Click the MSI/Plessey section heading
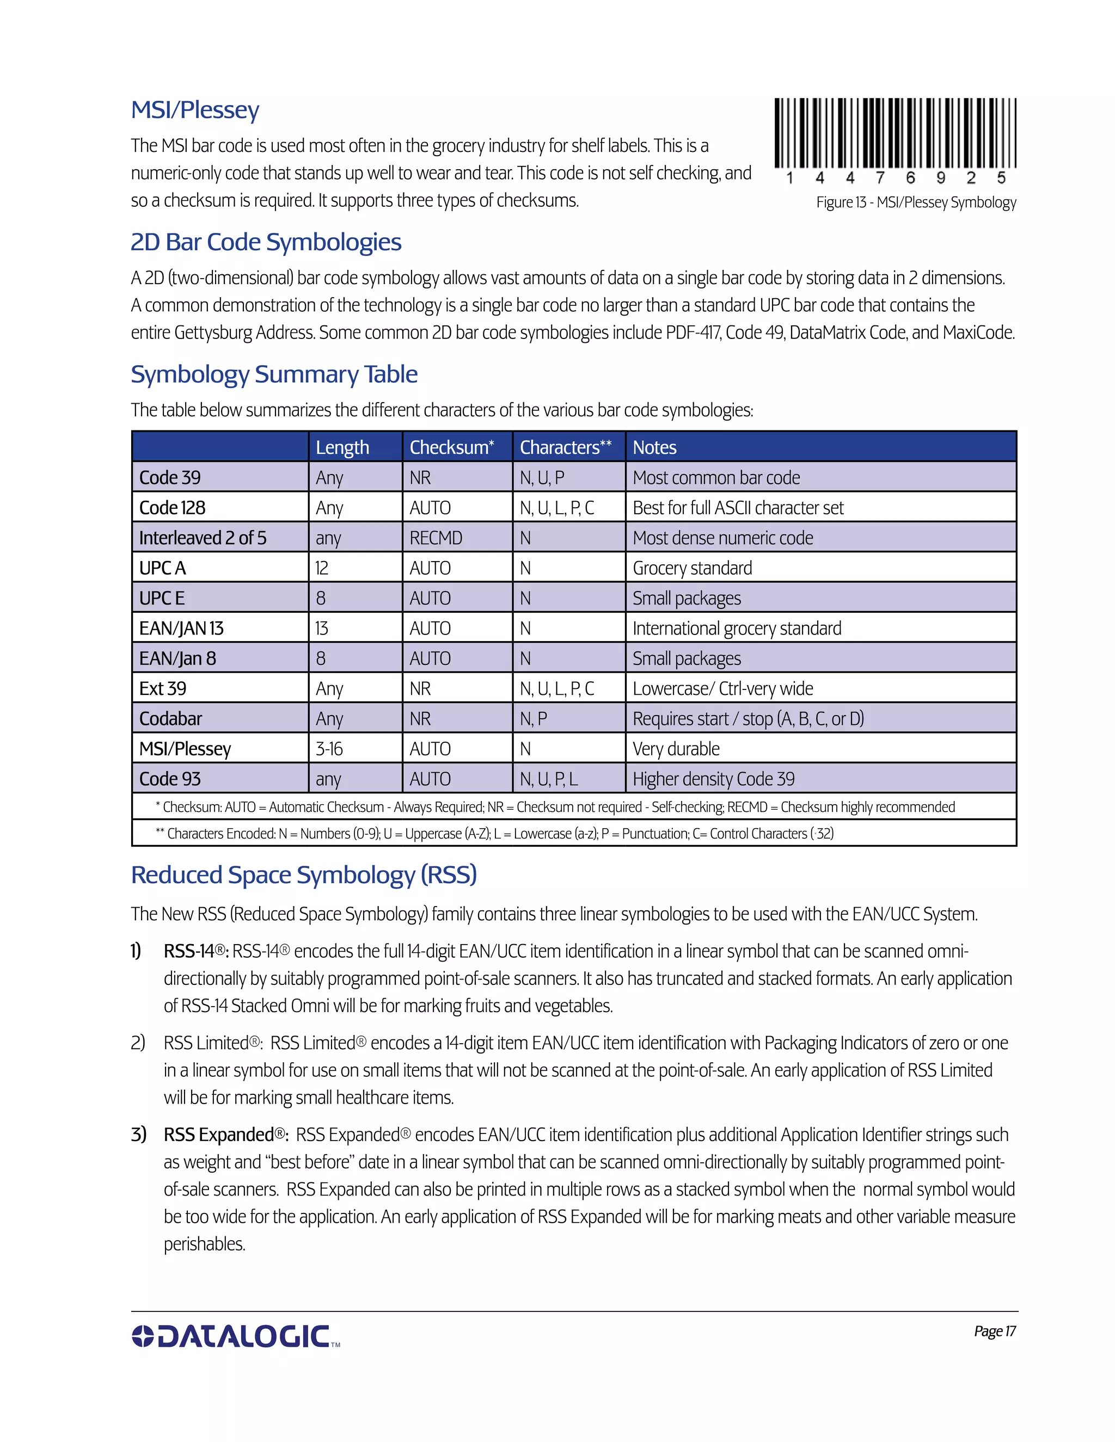coord(195,110)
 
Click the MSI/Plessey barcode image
coord(895,133)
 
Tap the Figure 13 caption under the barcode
coord(916,203)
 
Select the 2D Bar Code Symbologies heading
coord(266,242)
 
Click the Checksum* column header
coord(451,447)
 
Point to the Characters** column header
coord(566,447)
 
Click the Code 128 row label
coord(173,508)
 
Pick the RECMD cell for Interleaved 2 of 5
coord(436,538)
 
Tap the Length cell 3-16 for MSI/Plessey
coord(329,749)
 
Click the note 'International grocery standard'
coord(737,628)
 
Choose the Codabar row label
coord(170,718)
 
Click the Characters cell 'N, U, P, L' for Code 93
coord(548,779)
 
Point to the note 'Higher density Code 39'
coord(713,779)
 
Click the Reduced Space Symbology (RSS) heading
coord(304,875)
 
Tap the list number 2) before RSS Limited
coord(137,1043)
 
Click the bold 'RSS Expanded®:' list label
coord(226,1135)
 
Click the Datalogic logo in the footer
coord(235,1336)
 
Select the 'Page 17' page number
coord(994,1331)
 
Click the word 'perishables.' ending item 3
coord(205,1244)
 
